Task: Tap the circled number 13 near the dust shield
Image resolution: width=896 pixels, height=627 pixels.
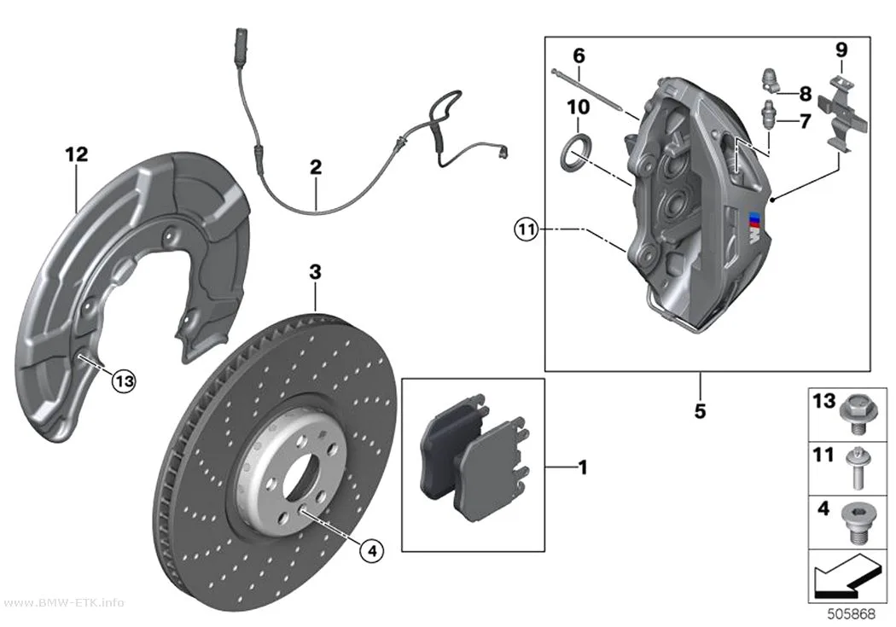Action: (x=124, y=380)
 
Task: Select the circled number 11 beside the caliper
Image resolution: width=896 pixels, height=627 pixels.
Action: (x=526, y=230)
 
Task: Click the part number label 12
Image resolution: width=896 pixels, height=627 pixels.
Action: (x=77, y=154)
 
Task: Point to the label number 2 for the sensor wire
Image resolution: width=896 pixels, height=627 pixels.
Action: (x=316, y=167)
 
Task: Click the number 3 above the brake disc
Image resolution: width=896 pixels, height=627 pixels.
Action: (x=316, y=272)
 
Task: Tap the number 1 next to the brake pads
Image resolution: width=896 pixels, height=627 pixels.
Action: (x=583, y=467)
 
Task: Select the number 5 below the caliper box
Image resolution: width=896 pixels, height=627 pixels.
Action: (x=700, y=410)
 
